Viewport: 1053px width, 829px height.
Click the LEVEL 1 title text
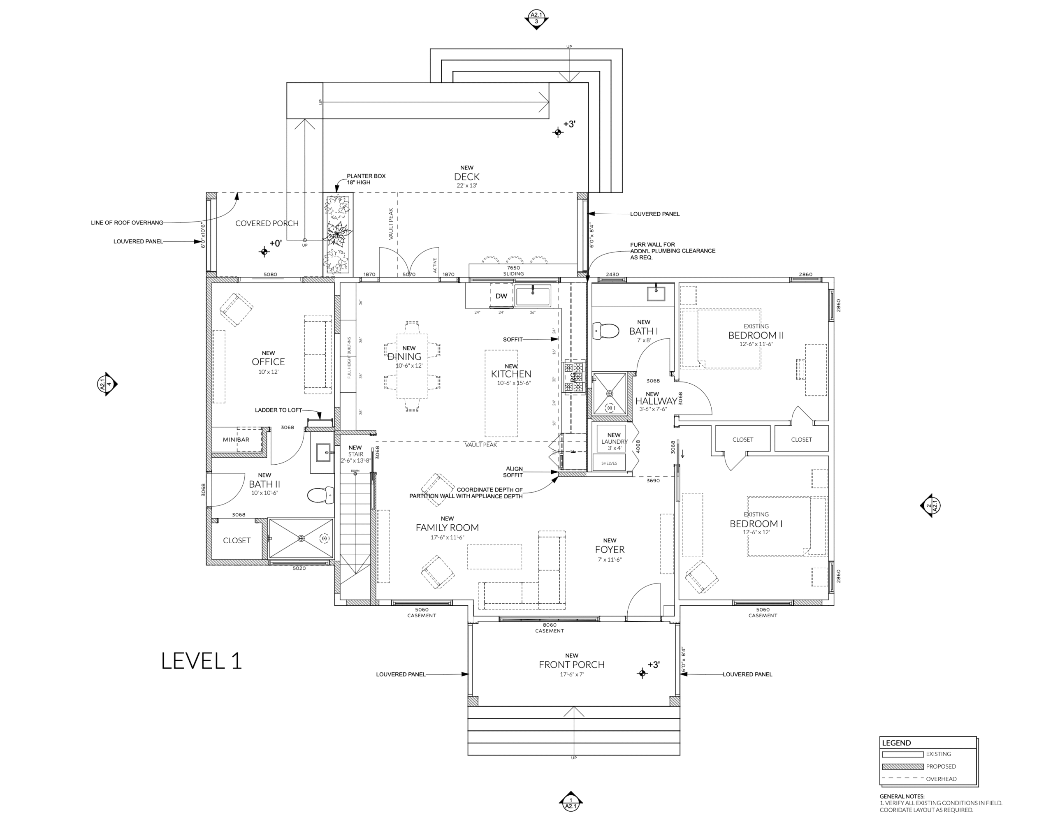(201, 661)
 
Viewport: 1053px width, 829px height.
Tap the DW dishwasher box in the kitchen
(501, 296)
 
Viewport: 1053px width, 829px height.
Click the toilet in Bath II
(320, 496)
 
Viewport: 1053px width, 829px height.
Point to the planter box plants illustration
(338, 234)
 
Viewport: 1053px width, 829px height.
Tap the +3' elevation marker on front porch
(642, 673)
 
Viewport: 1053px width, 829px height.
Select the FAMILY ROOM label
(447, 528)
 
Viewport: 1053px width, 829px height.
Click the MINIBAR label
(236, 440)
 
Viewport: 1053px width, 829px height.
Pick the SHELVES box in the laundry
(609, 463)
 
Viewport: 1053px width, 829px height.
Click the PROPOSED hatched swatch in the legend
(902, 767)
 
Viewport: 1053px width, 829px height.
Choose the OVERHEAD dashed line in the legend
(902, 778)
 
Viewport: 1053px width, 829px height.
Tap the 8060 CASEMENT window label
(549, 628)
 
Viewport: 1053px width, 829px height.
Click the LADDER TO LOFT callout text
(278, 410)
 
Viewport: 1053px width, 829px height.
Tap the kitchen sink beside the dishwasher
(533, 296)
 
